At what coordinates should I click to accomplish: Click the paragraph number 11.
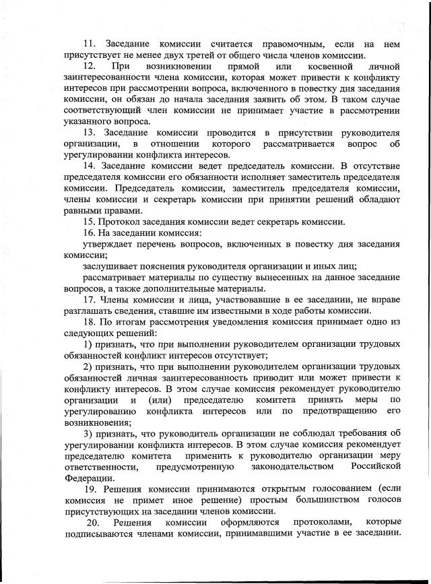[89, 44]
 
